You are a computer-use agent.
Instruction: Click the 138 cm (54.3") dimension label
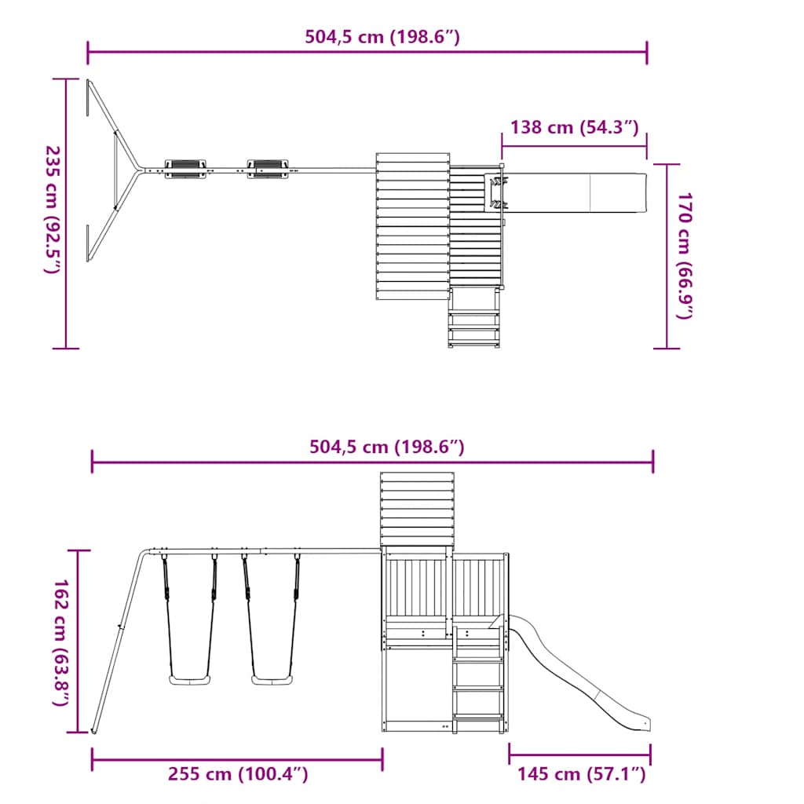pyautogui.click(x=574, y=126)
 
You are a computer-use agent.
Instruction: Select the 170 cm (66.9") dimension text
pyautogui.click(x=685, y=255)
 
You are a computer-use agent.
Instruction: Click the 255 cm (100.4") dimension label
pyautogui.click(x=238, y=774)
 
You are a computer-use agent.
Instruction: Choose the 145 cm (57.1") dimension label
pyautogui.click(x=581, y=774)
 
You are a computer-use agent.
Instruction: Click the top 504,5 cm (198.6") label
pyautogui.click(x=382, y=36)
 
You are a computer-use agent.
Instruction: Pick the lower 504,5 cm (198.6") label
pyautogui.click(x=387, y=447)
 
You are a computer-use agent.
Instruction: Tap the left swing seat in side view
pyautogui.click(x=190, y=679)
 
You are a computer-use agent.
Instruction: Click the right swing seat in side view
pyautogui.click(x=272, y=679)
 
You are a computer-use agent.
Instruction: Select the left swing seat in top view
pyautogui.click(x=187, y=169)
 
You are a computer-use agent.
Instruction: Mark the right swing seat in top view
pyautogui.click(x=269, y=168)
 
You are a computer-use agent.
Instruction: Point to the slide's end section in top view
pyautogui.click(x=618, y=192)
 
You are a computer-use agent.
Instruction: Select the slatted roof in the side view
pyautogui.click(x=417, y=510)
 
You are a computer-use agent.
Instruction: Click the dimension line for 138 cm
pyautogui.click(x=574, y=146)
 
